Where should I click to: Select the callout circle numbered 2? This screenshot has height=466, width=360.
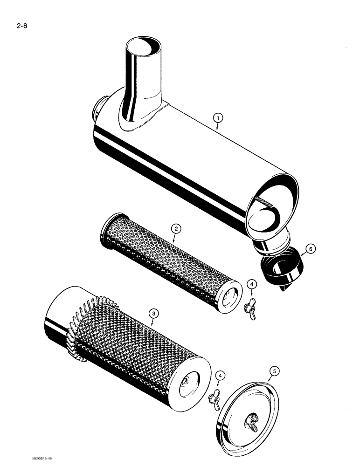175,228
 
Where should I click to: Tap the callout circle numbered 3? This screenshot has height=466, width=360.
153,315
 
